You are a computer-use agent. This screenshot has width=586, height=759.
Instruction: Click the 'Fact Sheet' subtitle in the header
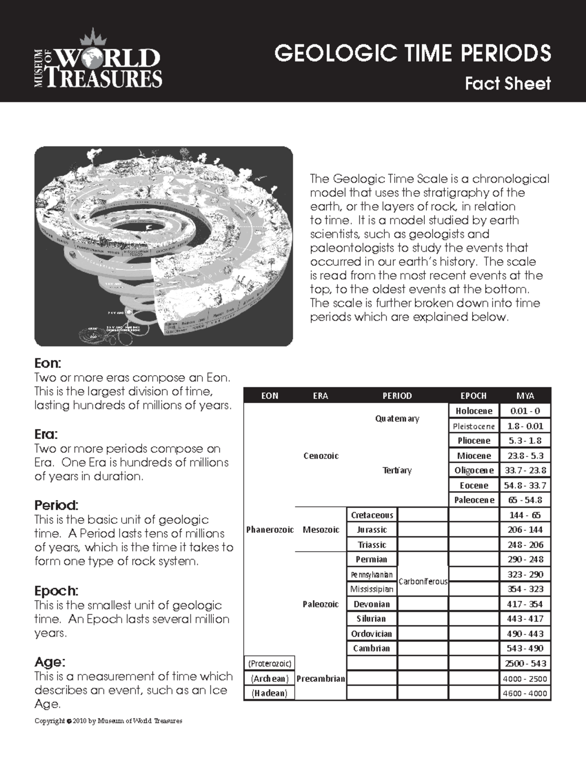(507, 84)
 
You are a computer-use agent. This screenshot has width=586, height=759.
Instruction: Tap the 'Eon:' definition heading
(48, 364)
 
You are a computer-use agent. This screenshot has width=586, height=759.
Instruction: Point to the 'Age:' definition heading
(49, 662)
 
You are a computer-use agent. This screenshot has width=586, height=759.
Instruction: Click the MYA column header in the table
(525, 396)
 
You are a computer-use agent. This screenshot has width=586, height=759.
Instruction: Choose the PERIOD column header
(397, 396)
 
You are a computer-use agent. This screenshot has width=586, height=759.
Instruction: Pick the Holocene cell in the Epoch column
(474, 411)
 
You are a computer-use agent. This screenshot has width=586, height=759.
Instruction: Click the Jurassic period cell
(372, 530)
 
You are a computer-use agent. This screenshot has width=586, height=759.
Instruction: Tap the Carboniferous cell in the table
(423, 582)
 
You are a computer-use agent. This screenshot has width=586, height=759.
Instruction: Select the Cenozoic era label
(321, 456)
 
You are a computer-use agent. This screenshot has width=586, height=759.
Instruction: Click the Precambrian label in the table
(320, 678)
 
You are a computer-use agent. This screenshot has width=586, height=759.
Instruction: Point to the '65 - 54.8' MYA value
(525, 500)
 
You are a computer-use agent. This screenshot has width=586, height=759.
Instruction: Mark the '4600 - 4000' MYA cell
(525, 693)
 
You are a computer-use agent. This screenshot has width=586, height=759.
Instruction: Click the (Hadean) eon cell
(270, 693)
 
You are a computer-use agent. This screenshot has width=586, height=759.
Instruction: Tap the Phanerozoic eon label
(270, 530)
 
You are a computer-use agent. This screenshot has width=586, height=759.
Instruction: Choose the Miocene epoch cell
(474, 456)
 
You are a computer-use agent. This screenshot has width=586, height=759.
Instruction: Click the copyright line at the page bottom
(108, 721)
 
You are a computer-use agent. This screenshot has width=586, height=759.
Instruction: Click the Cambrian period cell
(372, 649)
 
